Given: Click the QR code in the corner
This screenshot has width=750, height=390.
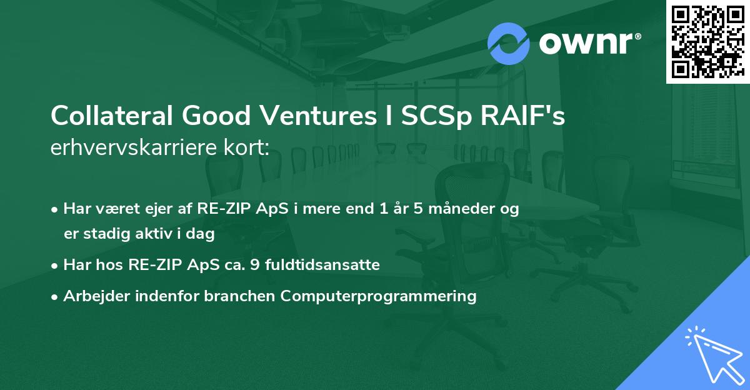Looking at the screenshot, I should click(707, 41).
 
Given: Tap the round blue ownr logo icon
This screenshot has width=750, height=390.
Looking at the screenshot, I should click(509, 44).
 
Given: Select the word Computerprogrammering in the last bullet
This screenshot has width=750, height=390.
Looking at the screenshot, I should click(379, 296).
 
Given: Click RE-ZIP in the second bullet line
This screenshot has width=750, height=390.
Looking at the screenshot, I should click(151, 265).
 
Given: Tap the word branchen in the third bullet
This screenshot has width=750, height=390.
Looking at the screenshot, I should click(247, 296).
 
